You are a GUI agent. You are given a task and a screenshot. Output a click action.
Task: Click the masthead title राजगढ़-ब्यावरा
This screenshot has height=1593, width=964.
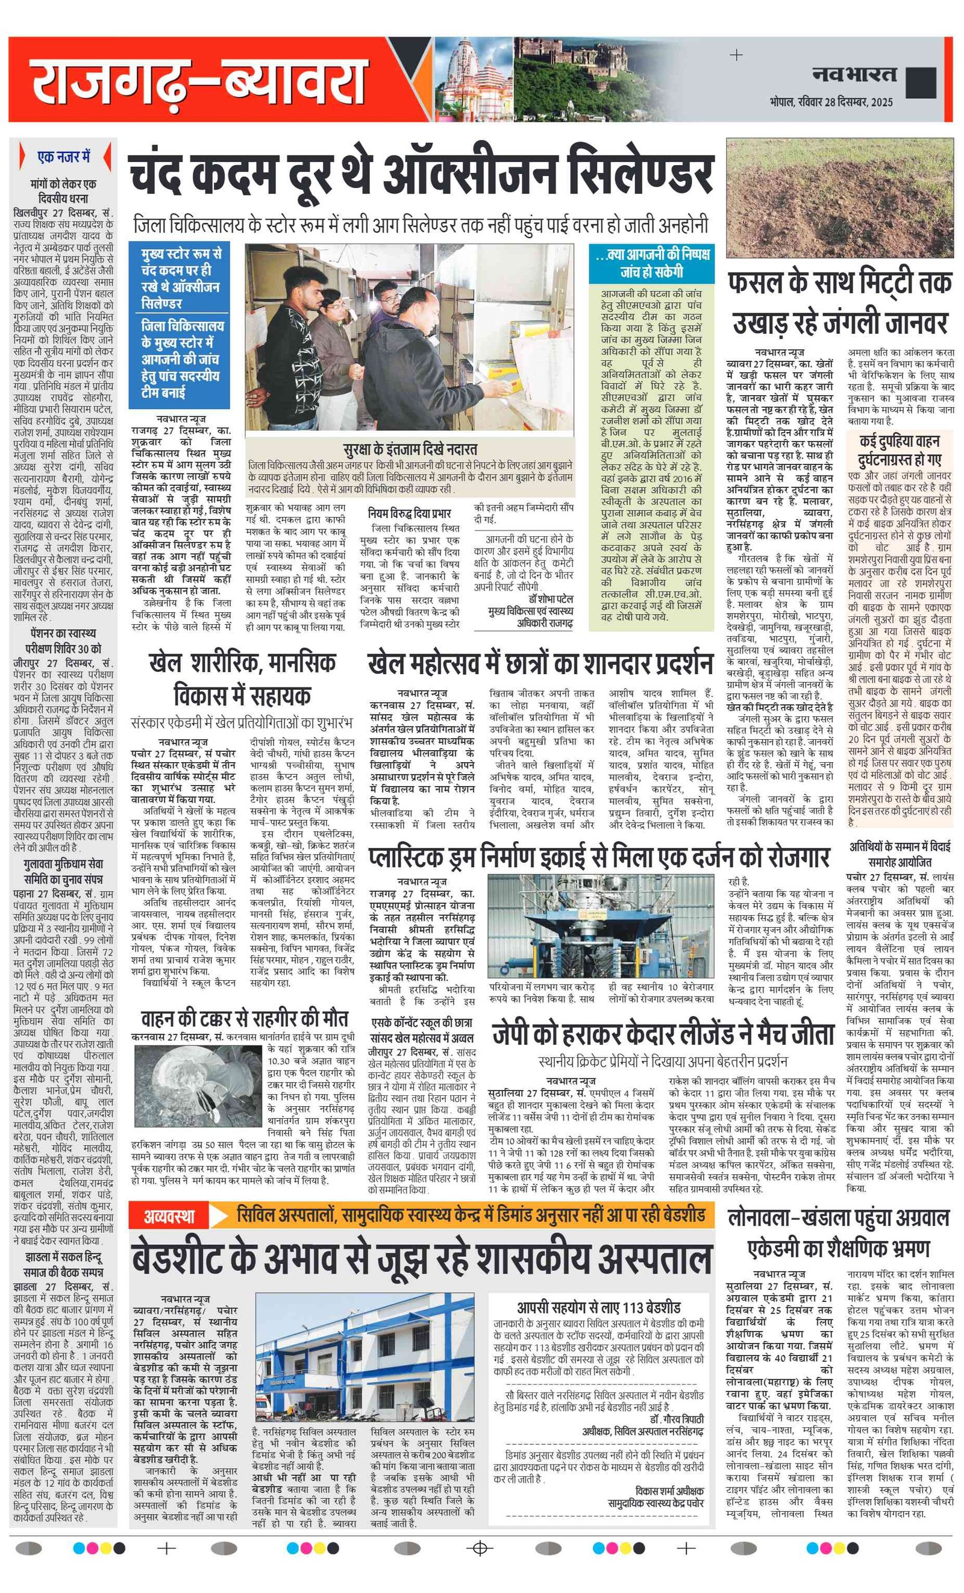point(199,80)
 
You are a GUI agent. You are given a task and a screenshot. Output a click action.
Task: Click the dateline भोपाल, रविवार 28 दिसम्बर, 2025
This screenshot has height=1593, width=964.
point(831,102)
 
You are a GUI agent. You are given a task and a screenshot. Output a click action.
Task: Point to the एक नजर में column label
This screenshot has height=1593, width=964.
point(64,157)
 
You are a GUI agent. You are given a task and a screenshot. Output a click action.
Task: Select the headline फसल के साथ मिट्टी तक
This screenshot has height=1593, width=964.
point(839,283)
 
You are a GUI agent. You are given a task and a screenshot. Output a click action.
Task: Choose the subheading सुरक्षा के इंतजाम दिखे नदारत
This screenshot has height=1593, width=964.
point(410,449)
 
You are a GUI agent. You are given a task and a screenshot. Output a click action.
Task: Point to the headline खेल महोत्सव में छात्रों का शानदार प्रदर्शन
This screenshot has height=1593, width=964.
point(540,664)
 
